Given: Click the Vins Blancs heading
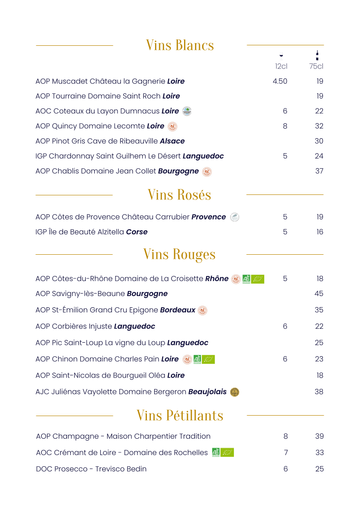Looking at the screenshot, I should point(180,45).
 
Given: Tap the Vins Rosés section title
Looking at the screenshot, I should point(179,195).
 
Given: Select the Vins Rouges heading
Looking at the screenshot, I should point(179,254).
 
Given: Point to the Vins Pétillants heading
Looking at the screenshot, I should point(180,415).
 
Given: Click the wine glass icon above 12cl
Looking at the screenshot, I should point(281,56).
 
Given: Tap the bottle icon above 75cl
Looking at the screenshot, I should point(317,55).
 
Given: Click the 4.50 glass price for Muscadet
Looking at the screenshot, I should point(280,82).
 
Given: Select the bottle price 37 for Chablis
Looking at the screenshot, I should point(319,171).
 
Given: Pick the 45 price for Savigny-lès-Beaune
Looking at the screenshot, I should point(319,294).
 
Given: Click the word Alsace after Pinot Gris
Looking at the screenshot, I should point(172,141).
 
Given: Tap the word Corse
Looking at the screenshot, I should point(137,232).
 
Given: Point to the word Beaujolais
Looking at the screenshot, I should point(207,392).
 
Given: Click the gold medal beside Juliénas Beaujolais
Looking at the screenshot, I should point(234,392).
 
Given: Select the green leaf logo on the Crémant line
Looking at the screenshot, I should point(227,452).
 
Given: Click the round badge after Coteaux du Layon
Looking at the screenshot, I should point(187,111).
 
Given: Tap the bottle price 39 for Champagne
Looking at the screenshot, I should point(320,436).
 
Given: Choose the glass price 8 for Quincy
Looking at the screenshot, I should point(285,126).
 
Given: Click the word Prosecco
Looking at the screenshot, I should point(71,469).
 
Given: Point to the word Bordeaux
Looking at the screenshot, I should point(178,310).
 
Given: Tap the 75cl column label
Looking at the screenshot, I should point(316,67).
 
